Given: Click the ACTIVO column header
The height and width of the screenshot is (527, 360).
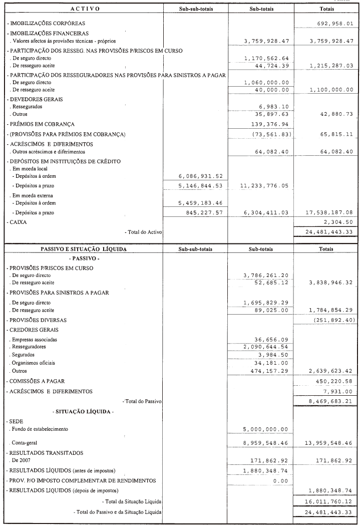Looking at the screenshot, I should point(85,9).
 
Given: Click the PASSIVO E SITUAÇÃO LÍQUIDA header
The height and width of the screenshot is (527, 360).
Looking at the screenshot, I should point(84,249).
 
